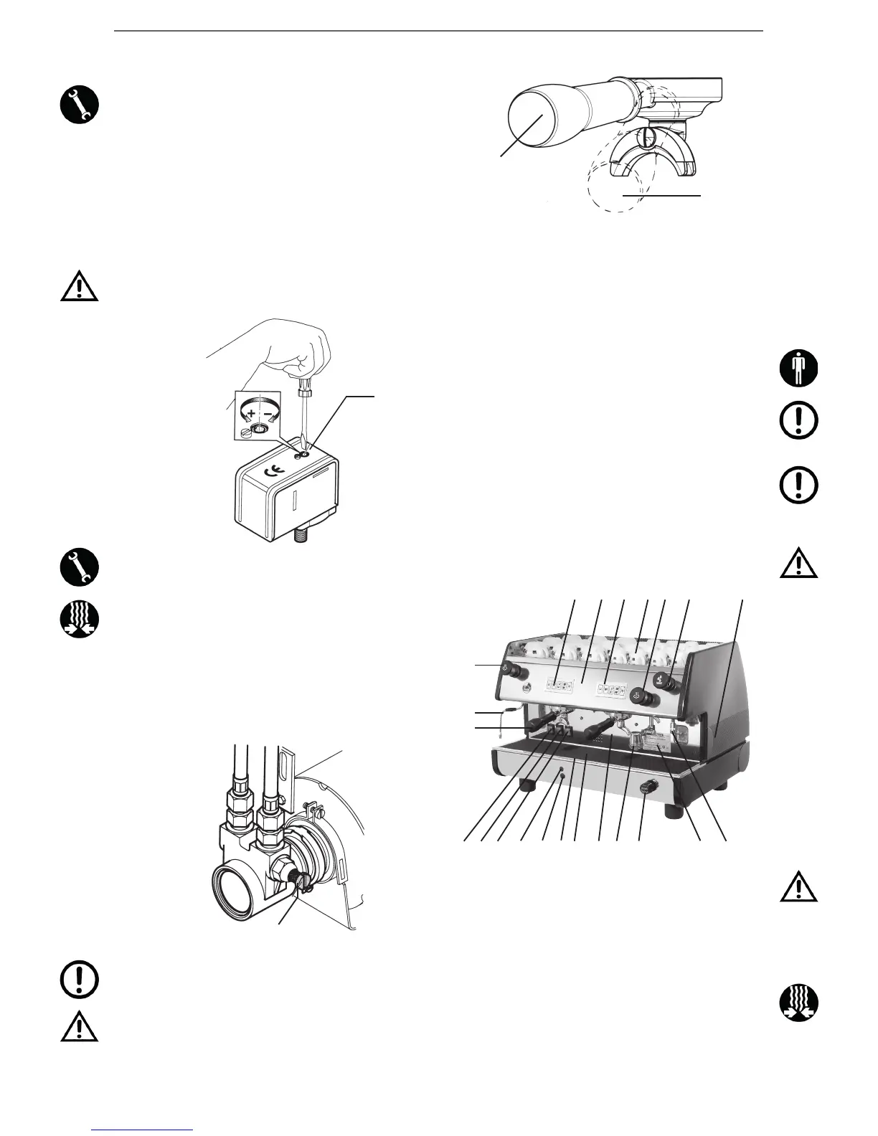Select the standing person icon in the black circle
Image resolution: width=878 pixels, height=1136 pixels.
(799, 369)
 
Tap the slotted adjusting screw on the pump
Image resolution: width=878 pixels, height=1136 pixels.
(301, 879)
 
